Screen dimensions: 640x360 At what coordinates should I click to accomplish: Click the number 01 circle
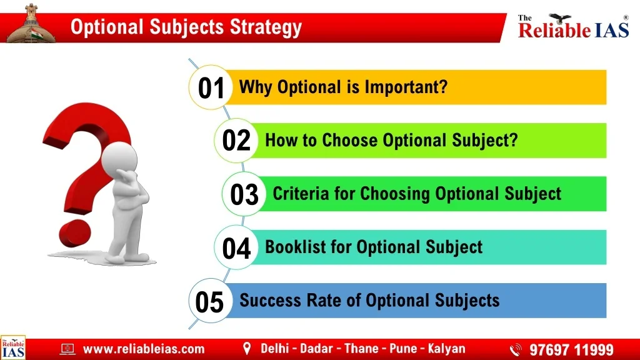[x=211, y=87]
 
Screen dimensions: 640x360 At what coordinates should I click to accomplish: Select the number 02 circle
[x=236, y=141]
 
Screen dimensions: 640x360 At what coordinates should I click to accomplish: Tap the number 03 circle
[x=244, y=194]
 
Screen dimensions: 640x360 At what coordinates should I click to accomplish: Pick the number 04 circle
[x=236, y=247]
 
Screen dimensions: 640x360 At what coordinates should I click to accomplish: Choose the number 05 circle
[x=211, y=301]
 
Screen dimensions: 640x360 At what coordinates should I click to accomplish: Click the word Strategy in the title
[x=266, y=27]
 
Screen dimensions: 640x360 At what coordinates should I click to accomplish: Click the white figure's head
[x=119, y=158]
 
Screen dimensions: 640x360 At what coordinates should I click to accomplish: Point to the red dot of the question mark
[x=75, y=234]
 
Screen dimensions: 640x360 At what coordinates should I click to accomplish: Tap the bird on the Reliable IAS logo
[x=559, y=18]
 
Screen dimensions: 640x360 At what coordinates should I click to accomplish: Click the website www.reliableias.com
[x=144, y=349]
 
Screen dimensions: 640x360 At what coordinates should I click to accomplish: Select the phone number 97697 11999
[x=571, y=350]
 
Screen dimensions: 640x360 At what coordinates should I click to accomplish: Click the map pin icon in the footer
[x=246, y=349]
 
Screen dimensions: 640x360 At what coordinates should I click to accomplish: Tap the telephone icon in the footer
[x=516, y=350]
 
